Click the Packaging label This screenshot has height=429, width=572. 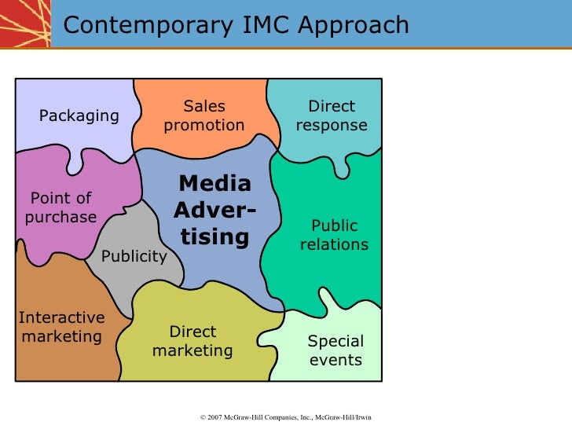click(x=79, y=116)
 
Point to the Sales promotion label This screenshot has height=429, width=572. click(x=204, y=115)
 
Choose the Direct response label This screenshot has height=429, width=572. click(x=332, y=115)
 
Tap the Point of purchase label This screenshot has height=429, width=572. click(x=61, y=207)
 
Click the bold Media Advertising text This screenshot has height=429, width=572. click(x=214, y=210)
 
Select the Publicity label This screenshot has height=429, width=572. click(x=134, y=256)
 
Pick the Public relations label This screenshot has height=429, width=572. click(x=334, y=235)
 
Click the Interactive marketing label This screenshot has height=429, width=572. click(x=61, y=328)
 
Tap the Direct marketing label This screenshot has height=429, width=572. click(x=192, y=341)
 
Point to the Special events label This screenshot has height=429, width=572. click(x=335, y=350)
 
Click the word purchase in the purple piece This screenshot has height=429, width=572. click(x=61, y=217)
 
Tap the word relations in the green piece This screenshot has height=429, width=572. click(x=334, y=244)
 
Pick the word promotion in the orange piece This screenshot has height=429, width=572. click(x=204, y=125)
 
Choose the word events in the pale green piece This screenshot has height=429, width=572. click(x=335, y=360)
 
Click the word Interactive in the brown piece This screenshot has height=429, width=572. click(x=61, y=318)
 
